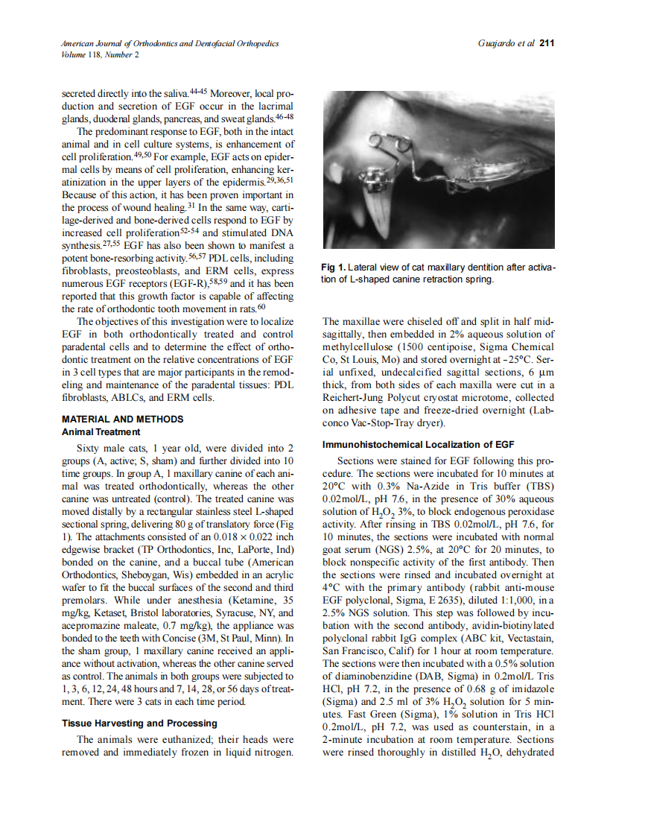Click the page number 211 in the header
pos(547,43)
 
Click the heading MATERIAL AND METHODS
pos(122,419)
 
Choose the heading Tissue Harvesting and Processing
pos(139,723)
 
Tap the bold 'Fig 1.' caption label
pos(334,267)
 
